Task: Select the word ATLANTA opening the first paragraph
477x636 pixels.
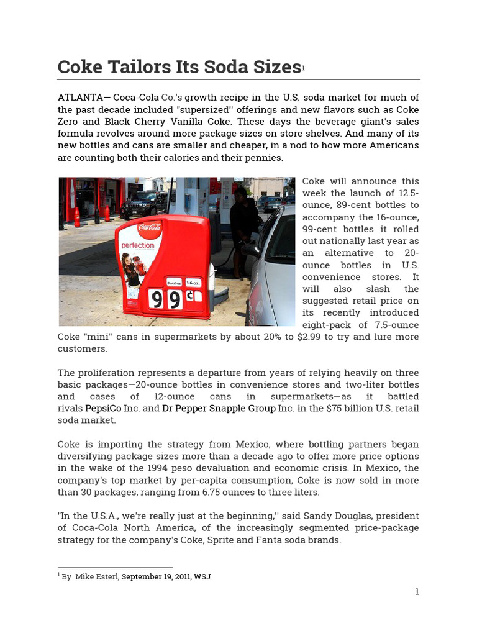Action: [76, 98]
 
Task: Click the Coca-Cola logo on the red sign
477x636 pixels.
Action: [149, 228]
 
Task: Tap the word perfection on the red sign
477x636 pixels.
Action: [137, 245]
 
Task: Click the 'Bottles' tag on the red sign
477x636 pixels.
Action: [174, 282]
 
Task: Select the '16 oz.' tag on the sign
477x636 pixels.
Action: [193, 282]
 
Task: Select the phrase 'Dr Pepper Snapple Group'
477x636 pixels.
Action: [219, 409]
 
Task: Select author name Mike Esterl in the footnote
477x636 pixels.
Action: [96, 577]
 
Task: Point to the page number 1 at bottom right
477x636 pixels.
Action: [417, 592]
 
